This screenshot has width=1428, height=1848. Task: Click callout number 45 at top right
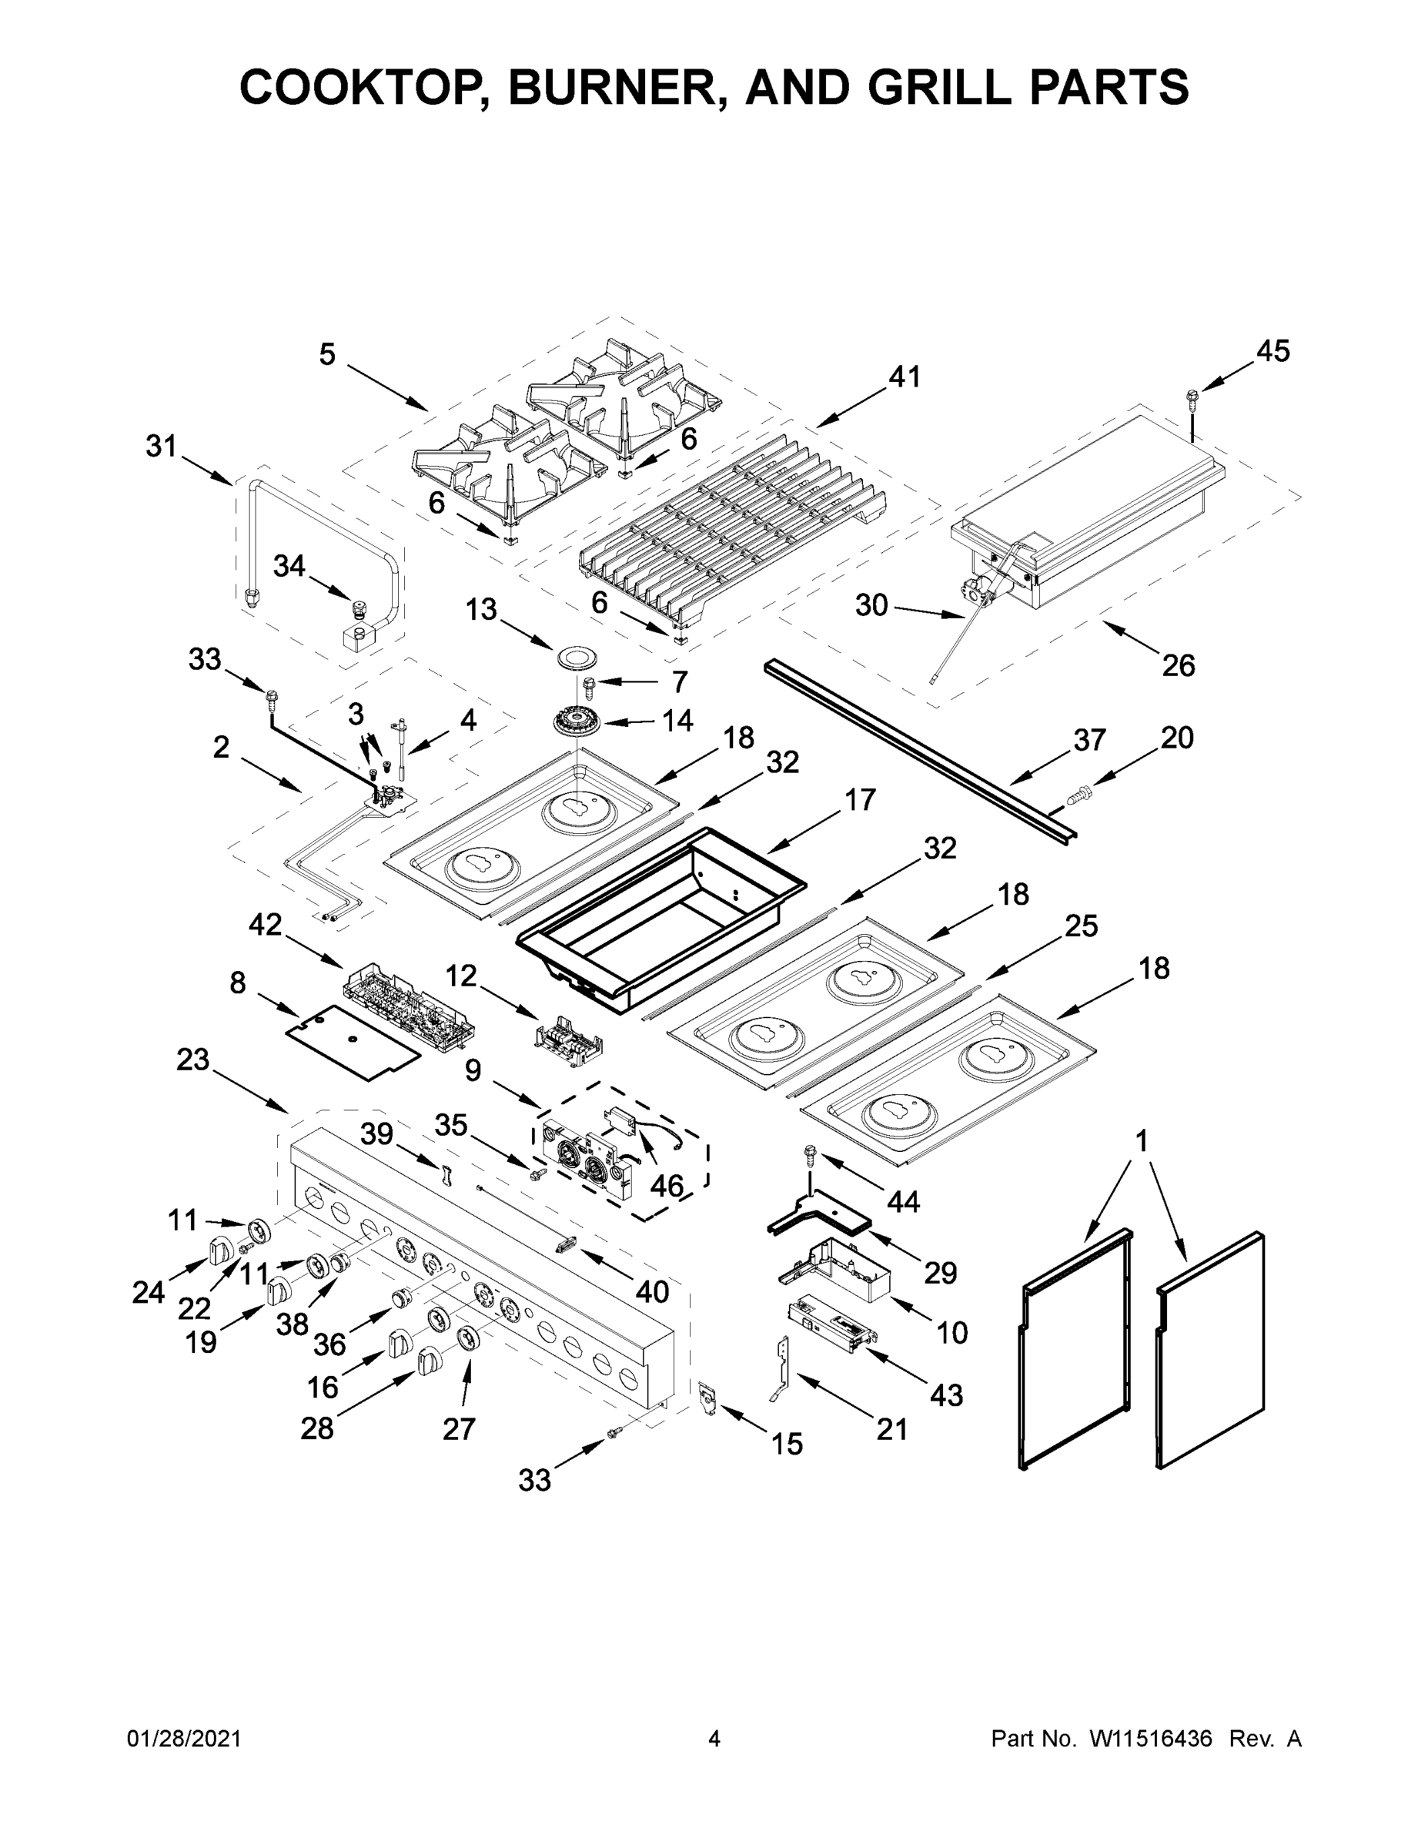coord(1272,350)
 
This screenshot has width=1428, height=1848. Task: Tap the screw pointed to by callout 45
coord(1192,396)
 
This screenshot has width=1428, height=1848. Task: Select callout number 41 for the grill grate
coord(905,377)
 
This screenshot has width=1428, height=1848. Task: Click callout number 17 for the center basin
coord(860,798)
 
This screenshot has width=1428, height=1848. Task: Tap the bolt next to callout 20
coord(1079,794)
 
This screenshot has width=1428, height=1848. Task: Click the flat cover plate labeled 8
coord(353,1043)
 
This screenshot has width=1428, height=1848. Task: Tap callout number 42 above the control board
coord(265,925)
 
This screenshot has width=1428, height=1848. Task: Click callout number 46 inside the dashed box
coord(666,1187)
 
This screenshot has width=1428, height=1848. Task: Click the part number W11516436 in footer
coord(1152,1739)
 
